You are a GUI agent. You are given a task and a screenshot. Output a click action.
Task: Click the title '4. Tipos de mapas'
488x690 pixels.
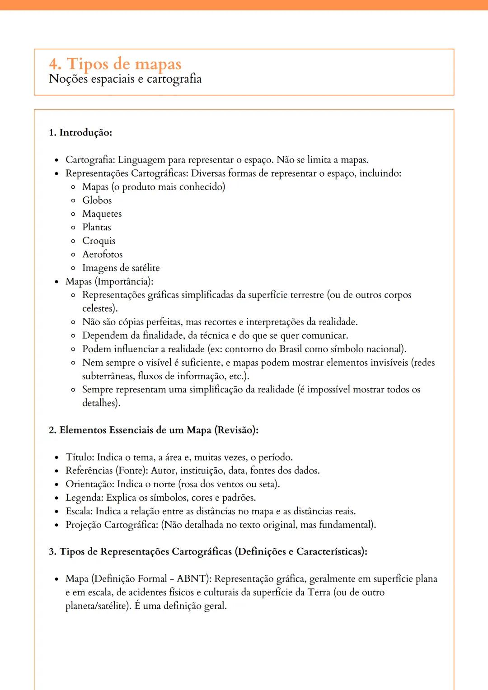tap(115, 64)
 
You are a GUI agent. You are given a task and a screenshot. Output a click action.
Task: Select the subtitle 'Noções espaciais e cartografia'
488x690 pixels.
tap(125, 79)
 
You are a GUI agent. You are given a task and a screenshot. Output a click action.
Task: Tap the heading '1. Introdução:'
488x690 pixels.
tap(80, 132)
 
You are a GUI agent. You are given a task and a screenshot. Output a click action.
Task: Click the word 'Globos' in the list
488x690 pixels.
tap(97, 200)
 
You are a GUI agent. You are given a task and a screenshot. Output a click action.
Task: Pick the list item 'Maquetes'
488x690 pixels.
tap(102, 214)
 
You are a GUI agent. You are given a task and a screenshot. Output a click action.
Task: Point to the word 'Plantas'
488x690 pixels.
tap(96, 227)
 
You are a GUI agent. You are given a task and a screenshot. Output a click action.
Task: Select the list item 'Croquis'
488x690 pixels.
tap(99, 241)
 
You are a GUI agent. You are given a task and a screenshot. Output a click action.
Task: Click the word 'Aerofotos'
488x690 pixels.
tap(102, 254)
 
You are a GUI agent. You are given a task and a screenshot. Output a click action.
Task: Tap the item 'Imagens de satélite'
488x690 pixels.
tap(121, 268)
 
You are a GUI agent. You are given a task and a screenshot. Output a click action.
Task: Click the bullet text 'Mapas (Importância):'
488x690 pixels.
tap(109, 281)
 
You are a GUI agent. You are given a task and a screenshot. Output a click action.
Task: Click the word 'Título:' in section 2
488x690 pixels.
tap(80, 457)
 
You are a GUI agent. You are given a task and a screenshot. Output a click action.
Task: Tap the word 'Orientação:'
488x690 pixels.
tap(90, 484)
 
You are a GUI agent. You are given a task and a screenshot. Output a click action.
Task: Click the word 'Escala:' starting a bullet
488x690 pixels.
tap(79, 511)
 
